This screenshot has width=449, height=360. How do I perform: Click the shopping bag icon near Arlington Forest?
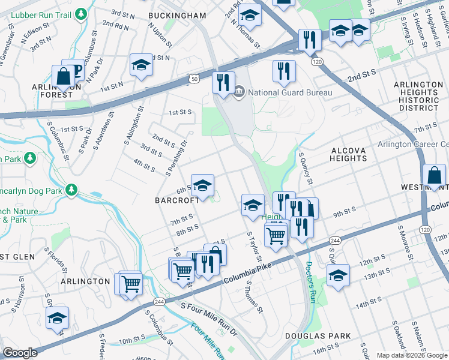(63, 77)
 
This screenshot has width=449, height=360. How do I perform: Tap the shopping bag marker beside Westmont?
(433, 176)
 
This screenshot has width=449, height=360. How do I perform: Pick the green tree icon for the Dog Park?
(71, 190)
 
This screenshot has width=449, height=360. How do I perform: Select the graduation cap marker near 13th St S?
(338, 276)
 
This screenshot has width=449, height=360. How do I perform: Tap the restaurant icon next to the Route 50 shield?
(223, 82)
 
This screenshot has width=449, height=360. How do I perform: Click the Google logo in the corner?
(20, 353)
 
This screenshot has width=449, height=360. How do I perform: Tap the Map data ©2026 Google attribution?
(412, 355)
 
